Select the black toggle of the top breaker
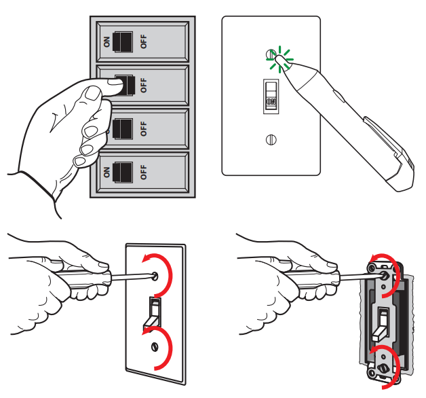point(123,40)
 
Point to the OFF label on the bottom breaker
point(143,170)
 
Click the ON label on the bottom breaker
point(106,170)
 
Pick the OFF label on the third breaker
point(143,128)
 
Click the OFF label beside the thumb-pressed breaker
point(143,85)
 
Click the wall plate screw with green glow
point(271,54)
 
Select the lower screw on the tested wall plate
point(271,141)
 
